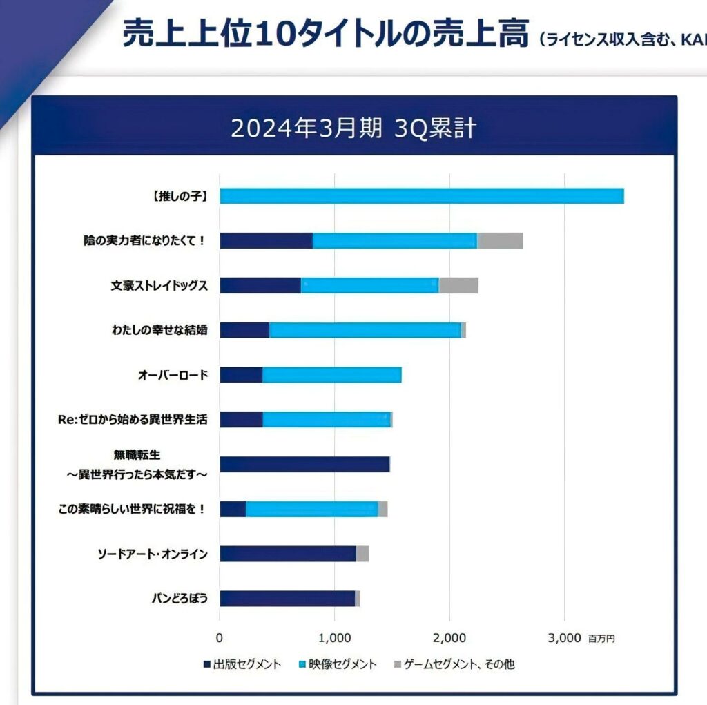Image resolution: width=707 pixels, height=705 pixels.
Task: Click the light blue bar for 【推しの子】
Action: pyautogui.click(x=421, y=195)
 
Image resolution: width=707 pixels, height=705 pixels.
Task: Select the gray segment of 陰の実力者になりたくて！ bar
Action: pyautogui.click(x=500, y=240)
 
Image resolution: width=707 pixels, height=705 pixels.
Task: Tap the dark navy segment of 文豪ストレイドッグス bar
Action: pyautogui.click(x=260, y=285)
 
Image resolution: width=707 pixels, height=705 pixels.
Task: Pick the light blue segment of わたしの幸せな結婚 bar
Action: pyautogui.click(x=365, y=330)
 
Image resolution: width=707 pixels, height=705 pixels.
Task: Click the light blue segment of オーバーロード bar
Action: pyautogui.click(x=331, y=375)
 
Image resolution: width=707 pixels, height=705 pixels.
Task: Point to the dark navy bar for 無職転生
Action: pyautogui.click(x=304, y=464)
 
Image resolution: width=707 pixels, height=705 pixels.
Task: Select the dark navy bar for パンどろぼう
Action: pyautogui.click(x=287, y=599)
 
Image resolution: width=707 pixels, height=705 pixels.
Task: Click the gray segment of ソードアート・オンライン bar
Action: pyautogui.click(x=362, y=554)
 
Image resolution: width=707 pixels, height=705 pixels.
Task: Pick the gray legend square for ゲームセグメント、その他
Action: pyautogui.click(x=397, y=665)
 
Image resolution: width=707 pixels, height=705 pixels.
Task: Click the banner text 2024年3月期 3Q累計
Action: pyautogui.click(x=353, y=129)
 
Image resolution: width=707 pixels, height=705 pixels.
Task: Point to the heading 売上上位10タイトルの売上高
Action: pyautogui.click(x=325, y=33)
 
